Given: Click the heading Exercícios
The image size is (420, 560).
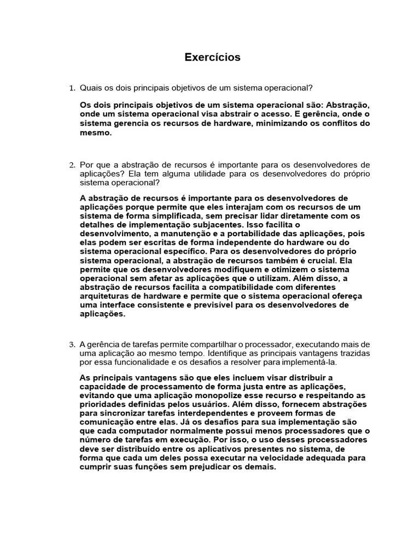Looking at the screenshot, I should click(212, 57).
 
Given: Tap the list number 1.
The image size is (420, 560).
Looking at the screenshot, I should click(71, 88).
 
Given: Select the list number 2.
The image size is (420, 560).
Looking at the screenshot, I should click(71, 165).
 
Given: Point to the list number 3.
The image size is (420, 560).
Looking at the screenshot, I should click(71, 344).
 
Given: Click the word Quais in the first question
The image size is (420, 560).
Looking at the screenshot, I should click(91, 88).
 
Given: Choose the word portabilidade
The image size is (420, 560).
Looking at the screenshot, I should click(241, 234).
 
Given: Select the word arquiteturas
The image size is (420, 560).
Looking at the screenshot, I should click(103, 296).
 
